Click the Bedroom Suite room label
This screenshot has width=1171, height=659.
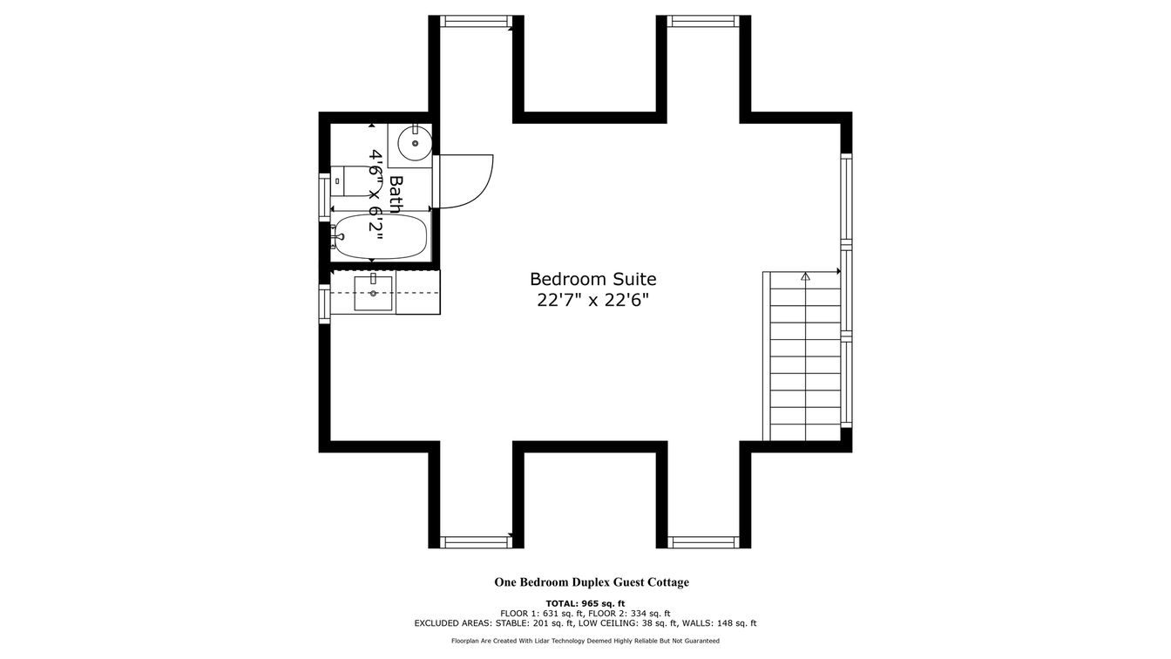pos(592,279)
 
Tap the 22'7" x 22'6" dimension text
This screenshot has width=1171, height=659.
pos(592,301)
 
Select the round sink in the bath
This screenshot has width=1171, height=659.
pos(415,142)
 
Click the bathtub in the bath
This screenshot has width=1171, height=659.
pos(381,236)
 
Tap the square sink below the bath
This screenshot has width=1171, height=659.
pos(373,293)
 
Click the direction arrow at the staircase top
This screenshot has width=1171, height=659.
pos(805,275)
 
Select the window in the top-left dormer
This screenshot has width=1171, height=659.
pos(475,21)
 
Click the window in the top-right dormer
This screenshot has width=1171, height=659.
pos(703,21)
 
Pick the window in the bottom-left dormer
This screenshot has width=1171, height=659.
pos(475,542)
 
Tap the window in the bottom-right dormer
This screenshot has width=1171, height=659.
pos(703,542)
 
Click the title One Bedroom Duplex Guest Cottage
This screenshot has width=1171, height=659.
pos(592,582)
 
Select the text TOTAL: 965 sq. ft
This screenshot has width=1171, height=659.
pos(585,603)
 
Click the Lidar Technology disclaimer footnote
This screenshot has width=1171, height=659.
pos(585,641)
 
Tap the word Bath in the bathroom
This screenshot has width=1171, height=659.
pos(396,194)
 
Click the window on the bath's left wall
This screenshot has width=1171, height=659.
pos(325,197)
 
